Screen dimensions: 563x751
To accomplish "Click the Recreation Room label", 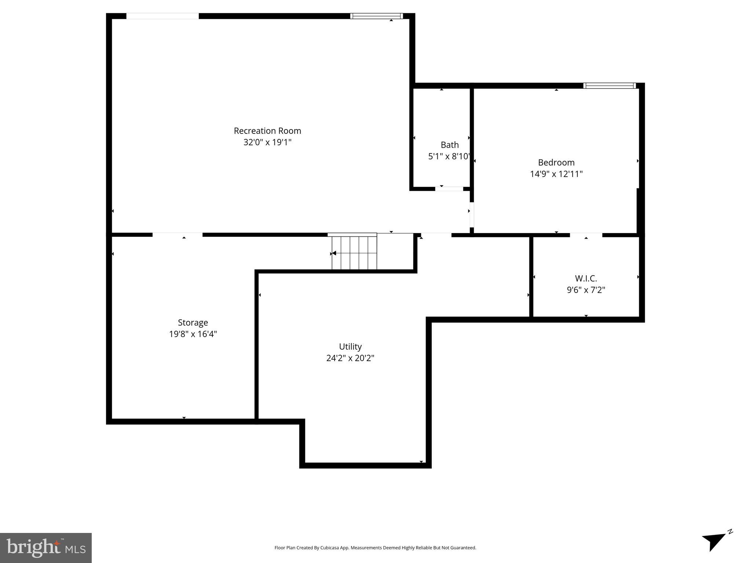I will tap(267, 131).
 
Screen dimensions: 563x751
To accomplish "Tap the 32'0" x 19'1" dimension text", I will tap(267, 142).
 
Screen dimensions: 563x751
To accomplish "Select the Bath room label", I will tap(449, 145).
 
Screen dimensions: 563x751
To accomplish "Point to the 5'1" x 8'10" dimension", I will tap(449, 157).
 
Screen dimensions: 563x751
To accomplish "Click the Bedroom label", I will tap(556, 162).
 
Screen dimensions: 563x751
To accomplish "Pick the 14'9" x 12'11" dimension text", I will tap(556, 174).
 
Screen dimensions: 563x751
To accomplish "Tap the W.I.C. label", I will tap(586, 279).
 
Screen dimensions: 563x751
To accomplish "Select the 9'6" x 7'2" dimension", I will tap(586, 290).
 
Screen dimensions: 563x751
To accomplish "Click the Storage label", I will tap(193, 323).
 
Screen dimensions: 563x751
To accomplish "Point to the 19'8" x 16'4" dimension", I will tap(193, 334).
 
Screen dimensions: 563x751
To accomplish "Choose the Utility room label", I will tap(350, 346).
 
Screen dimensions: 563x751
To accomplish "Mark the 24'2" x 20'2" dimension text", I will tap(350, 358).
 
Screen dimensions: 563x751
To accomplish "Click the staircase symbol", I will tap(354, 253).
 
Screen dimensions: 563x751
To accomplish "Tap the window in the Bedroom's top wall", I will tap(609, 86).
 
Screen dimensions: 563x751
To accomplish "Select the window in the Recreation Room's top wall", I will tap(376, 16).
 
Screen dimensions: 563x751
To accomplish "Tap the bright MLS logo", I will tap(46, 548).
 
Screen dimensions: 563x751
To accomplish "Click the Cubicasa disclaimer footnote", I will tap(375, 548).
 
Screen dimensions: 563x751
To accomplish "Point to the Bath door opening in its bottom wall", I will tap(449, 189).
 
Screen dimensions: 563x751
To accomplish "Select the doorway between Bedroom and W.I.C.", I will tap(586, 235).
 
